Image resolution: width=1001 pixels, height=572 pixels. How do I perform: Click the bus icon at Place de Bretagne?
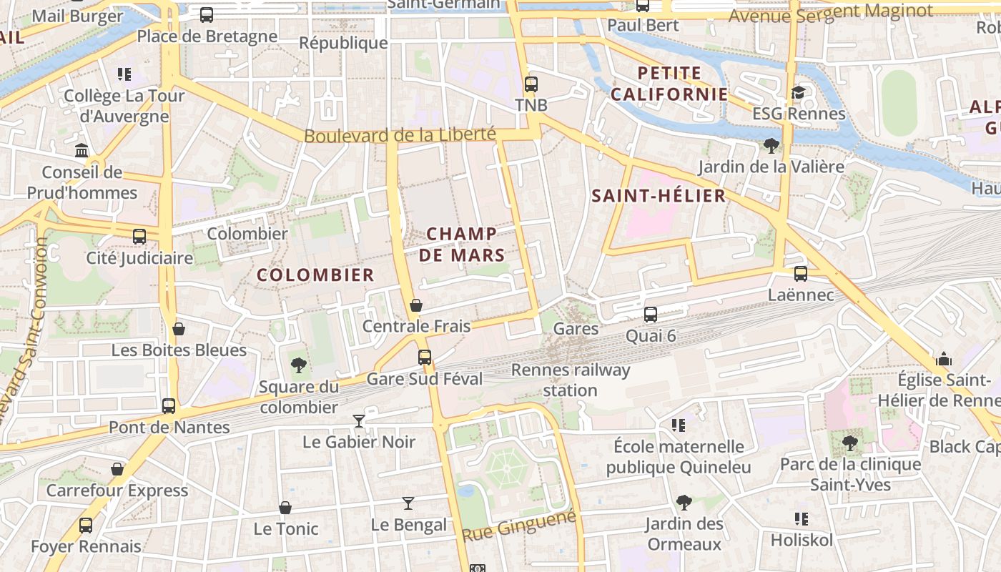[206, 14]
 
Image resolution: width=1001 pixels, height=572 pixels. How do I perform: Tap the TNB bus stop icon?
[531, 84]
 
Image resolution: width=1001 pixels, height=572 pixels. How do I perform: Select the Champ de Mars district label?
[462, 244]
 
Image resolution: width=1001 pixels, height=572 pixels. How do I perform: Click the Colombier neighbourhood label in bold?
[315, 275]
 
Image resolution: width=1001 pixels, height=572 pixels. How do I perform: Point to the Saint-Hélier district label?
[659, 196]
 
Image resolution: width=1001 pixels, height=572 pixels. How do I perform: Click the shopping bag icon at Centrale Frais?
[416, 306]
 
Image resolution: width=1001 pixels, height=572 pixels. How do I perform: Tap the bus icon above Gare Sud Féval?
[425, 357]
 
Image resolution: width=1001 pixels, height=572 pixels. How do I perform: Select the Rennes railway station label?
[571, 380]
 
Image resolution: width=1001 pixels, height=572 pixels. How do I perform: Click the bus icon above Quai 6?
[650, 314]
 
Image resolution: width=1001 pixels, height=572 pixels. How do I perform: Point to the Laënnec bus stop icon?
[801, 273]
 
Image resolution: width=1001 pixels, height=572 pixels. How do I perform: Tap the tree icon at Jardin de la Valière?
[771, 146]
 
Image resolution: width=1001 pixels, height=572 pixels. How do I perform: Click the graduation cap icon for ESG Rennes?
[798, 93]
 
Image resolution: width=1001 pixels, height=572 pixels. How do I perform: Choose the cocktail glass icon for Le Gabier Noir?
[359, 421]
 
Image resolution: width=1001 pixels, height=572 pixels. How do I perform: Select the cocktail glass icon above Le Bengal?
[408, 503]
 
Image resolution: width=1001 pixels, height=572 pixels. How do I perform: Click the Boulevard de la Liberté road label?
[400, 134]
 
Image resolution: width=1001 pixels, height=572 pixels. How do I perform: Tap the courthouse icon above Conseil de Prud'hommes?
[82, 151]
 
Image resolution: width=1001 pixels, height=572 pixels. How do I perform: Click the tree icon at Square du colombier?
[299, 365]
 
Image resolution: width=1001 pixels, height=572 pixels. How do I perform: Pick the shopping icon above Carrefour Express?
[117, 470]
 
